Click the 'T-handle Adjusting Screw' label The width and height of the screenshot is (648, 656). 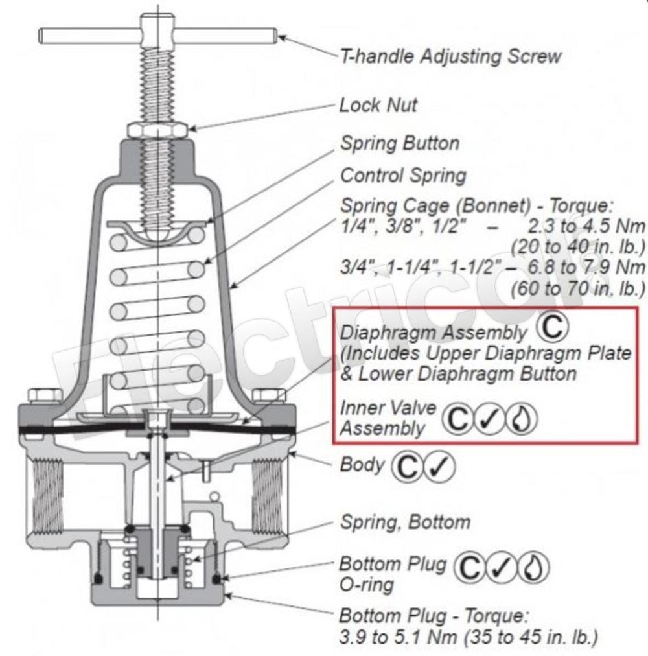pyautogui.click(x=450, y=56)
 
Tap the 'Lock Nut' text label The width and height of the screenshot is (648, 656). pyautogui.click(x=378, y=105)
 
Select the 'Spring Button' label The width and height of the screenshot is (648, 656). pyautogui.click(x=400, y=143)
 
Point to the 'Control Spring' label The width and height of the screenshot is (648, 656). pyautogui.click(x=403, y=176)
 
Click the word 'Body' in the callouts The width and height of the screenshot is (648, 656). pyautogui.click(x=362, y=465)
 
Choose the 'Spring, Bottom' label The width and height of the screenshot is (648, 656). pyautogui.click(x=406, y=522)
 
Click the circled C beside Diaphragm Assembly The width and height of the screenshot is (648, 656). pyautogui.click(x=552, y=327)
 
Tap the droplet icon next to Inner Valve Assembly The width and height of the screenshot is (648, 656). pyautogui.click(x=521, y=419)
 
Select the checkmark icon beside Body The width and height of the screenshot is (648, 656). pyautogui.click(x=439, y=466)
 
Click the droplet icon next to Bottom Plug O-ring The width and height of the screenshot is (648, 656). pyautogui.click(x=533, y=568)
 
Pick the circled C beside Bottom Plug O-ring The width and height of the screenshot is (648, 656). pyautogui.click(x=469, y=568)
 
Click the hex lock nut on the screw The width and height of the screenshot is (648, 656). pyautogui.click(x=157, y=130)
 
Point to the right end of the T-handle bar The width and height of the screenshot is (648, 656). pyautogui.click(x=276, y=36)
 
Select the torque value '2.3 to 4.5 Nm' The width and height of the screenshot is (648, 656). pyautogui.click(x=586, y=226)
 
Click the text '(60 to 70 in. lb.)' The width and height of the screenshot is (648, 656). pyautogui.click(x=577, y=288)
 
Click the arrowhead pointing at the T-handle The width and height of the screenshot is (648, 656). pyautogui.click(x=283, y=38)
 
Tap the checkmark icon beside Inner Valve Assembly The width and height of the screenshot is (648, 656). pyautogui.click(x=489, y=419)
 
